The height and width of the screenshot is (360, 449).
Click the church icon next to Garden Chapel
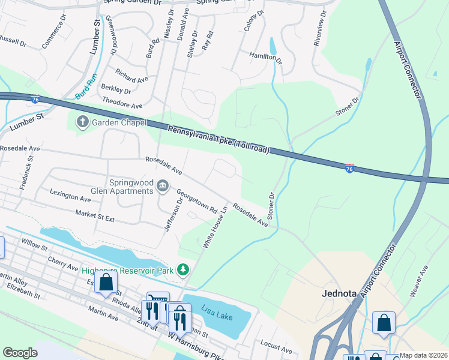click(82, 122)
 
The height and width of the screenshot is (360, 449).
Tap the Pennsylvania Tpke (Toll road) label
click(218, 139)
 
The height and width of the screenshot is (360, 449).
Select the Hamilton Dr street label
click(265, 57)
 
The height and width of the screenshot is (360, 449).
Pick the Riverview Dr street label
click(319, 28)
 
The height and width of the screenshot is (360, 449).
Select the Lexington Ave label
click(71, 196)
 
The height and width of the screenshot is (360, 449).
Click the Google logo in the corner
click(20, 353)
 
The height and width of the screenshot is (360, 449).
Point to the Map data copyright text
click(423, 355)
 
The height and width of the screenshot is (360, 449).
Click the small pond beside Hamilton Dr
click(273, 46)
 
